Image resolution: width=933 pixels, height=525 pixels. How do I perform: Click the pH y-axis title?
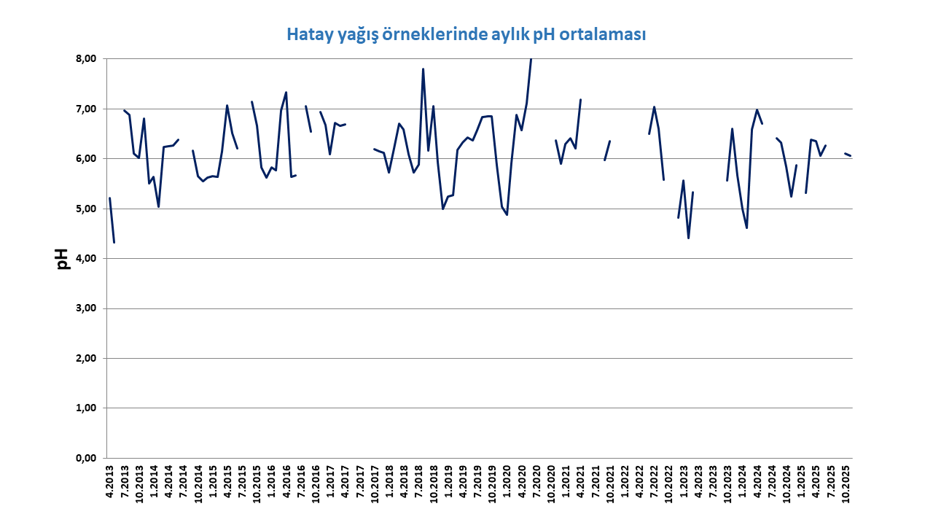tap(62, 259)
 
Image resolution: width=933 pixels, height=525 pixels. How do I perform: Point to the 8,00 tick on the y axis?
tap(86, 59)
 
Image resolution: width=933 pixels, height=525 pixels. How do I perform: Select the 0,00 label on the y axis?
tap(86, 459)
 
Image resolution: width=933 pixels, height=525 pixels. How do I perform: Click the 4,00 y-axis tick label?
tap(86, 259)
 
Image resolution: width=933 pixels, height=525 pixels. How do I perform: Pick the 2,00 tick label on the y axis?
tap(86, 358)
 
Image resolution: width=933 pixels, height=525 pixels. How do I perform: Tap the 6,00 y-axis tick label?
tap(86, 159)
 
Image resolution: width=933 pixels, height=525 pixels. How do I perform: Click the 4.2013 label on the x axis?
tap(109, 482)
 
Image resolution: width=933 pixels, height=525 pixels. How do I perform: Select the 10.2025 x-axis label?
tap(846, 484)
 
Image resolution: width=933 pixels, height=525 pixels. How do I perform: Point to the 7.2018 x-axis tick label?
tap(418, 482)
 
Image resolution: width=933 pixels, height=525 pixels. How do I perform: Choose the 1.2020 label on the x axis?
tap(507, 482)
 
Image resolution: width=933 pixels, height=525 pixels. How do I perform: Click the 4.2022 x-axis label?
tap(639, 482)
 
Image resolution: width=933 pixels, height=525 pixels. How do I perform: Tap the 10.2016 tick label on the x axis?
tap(316, 484)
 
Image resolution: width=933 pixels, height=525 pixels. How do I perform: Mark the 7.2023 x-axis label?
tap(713, 482)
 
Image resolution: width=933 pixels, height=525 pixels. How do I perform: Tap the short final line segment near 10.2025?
tap(848, 155)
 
